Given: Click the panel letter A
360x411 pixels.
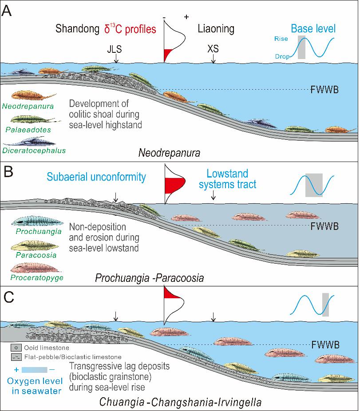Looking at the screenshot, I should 8,10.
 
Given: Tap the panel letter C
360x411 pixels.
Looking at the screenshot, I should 8,296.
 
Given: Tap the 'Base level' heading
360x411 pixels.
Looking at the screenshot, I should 313,30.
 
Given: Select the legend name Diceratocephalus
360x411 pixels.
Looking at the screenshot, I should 33,151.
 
